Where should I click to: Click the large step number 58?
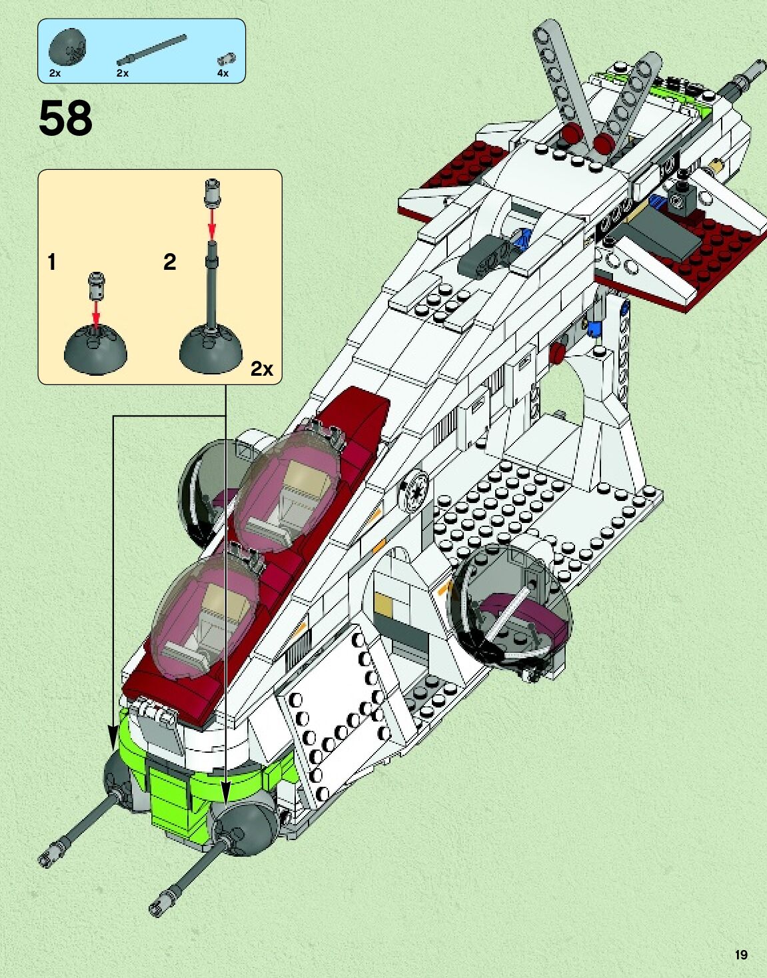click(65, 119)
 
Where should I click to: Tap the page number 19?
click(740, 955)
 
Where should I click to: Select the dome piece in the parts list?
click(67, 49)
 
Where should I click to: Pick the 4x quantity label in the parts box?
click(223, 73)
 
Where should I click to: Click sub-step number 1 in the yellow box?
click(52, 262)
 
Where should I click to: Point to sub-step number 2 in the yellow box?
click(170, 262)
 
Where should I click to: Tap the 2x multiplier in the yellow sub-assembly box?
click(261, 368)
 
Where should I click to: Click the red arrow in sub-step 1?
click(97, 312)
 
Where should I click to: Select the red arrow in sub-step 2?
click(213, 224)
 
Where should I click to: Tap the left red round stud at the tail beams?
click(570, 134)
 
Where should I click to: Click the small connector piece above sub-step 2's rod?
click(213, 191)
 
